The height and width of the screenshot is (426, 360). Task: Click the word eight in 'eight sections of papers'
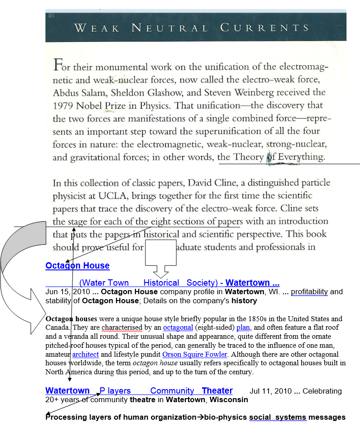160,221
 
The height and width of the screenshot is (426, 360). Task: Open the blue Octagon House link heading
77,266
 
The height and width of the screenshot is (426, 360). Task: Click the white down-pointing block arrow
160,263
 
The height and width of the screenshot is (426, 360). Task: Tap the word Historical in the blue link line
161,283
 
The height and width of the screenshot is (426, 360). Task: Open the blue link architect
85,354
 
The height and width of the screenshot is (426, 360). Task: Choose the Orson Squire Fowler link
194,354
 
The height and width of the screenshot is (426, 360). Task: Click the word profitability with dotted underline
310,291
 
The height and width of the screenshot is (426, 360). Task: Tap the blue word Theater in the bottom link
217,391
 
